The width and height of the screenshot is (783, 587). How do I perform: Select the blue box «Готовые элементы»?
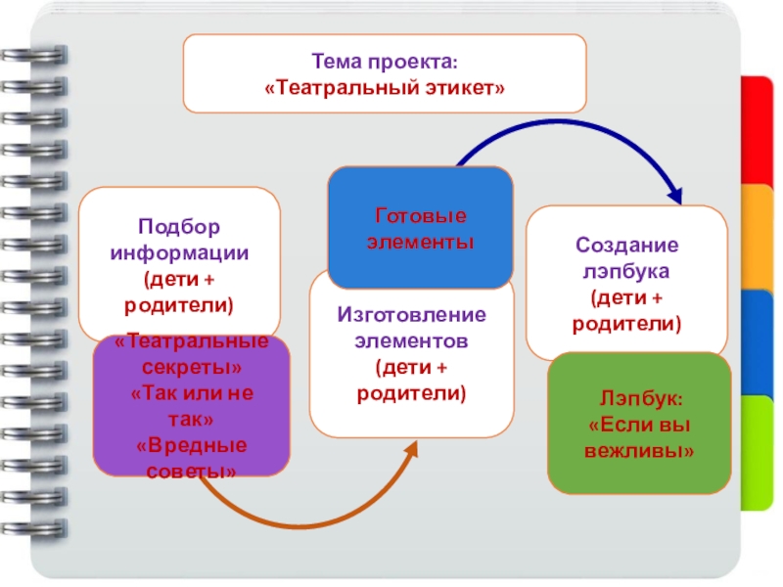point(419,227)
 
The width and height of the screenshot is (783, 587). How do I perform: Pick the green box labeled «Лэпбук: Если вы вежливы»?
point(639,425)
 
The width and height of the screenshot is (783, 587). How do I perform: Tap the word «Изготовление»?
point(411,316)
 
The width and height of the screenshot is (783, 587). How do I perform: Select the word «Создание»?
point(627,246)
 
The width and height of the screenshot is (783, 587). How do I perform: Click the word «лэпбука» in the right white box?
point(627,270)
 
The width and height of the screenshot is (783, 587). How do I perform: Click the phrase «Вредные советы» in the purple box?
point(191,459)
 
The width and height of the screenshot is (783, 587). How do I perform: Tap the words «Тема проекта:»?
point(385,62)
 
